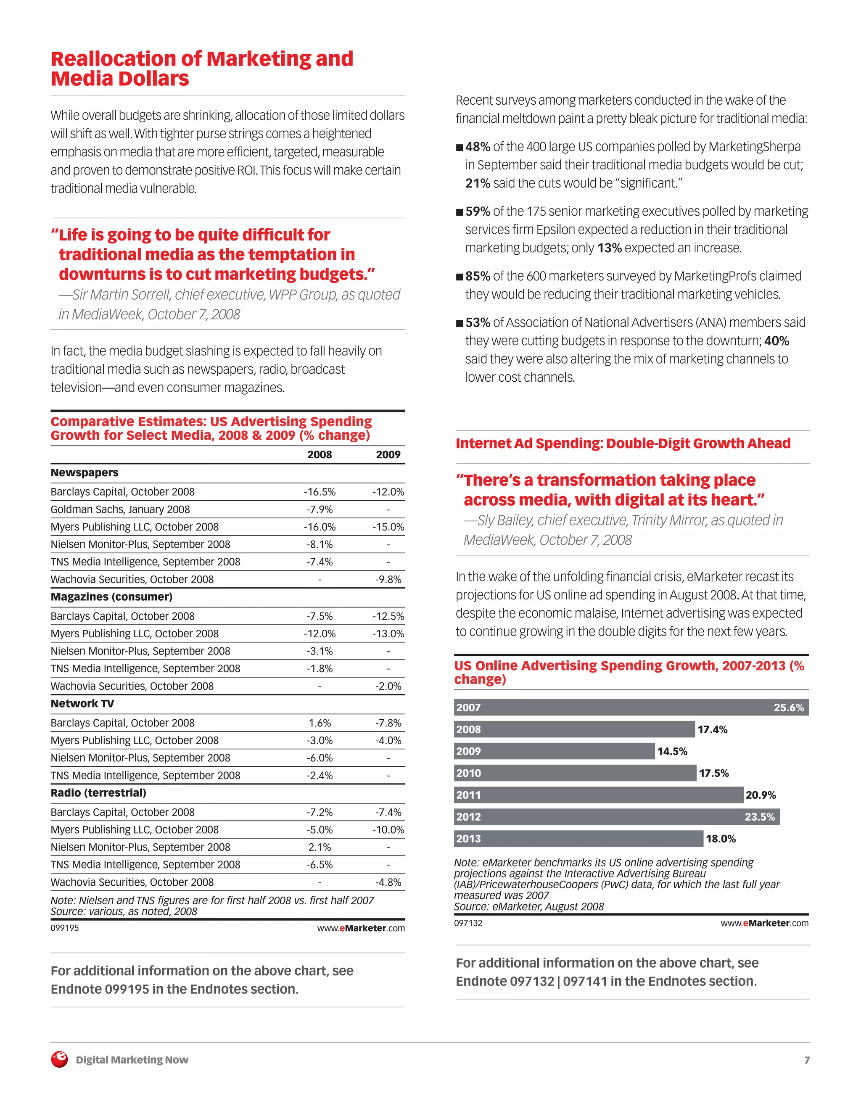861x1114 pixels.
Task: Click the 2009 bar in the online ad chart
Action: [554, 751]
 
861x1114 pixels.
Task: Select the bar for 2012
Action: [616, 817]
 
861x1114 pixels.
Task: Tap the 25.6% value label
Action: [788, 707]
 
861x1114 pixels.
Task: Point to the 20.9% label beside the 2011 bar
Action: [761, 795]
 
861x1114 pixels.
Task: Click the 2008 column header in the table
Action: [320, 454]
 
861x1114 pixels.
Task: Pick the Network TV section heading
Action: [82, 703]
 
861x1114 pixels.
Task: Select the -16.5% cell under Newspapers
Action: [320, 492]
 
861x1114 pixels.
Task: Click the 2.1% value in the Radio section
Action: [320, 847]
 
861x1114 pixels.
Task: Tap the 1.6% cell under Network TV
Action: [320, 723]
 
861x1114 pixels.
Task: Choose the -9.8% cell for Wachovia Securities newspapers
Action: [388, 579]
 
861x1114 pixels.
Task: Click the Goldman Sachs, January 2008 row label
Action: [120, 509]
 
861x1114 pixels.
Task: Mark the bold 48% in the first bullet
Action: [478, 147]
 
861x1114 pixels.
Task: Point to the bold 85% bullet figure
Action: [478, 276]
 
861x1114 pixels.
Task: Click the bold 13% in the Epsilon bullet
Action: [610, 248]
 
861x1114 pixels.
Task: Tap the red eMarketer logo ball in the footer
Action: [59, 1059]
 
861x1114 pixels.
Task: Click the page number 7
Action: [806, 1060]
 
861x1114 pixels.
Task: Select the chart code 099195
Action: [64, 928]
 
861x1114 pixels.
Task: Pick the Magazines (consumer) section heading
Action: [111, 597]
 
